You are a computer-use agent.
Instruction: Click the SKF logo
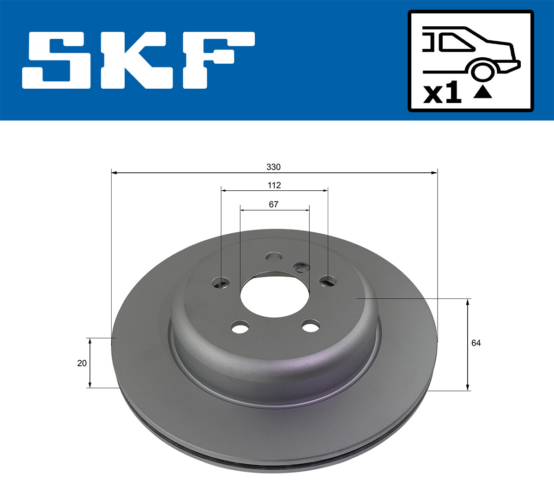[x=138, y=60]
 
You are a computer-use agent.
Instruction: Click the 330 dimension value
[x=273, y=167]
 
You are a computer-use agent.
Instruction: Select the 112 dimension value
[x=274, y=185]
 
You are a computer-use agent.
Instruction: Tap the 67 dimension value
[x=274, y=204]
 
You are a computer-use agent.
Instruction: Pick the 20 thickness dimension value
[x=82, y=364]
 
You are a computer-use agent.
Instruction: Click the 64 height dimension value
[x=476, y=343]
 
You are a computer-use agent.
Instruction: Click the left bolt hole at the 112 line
[x=222, y=282]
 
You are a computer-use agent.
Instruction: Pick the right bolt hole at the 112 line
[x=328, y=280]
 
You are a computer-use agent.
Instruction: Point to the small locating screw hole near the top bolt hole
[x=302, y=267]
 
